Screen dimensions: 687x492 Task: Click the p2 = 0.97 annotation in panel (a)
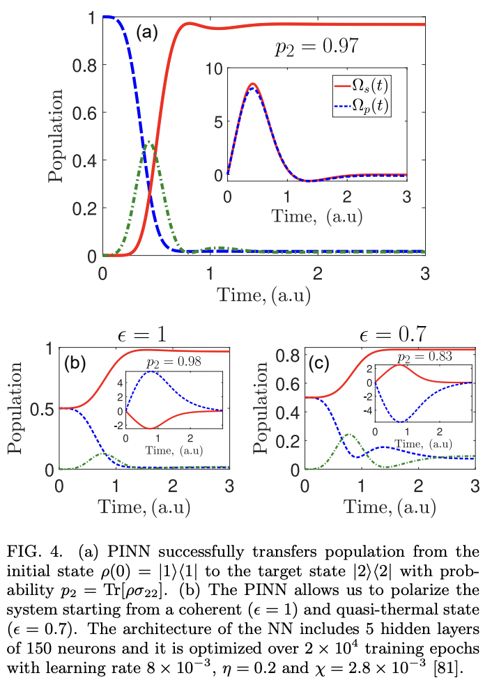(x=315, y=47)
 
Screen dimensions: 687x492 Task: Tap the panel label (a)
(x=148, y=32)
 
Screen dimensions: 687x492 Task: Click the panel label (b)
(x=75, y=362)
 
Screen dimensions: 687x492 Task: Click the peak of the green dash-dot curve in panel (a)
(x=148, y=142)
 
